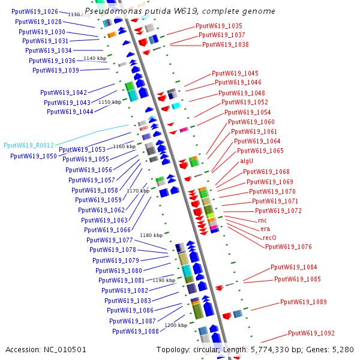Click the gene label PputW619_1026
(35, 11)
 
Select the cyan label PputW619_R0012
(29, 145)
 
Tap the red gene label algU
(247, 161)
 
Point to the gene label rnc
(262, 221)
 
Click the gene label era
(265, 229)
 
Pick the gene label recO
(269, 238)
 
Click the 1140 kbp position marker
(95, 58)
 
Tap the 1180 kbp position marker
(151, 235)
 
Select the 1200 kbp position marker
(176, 325)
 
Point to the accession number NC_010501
(65, 350)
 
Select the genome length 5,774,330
(268, 350)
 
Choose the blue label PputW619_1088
(136, 332)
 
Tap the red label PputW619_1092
(311, 333)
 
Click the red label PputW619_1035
(219, 26)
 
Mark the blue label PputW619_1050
(34, 157)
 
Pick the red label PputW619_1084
(293, 267)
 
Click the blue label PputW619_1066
(107, 230)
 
